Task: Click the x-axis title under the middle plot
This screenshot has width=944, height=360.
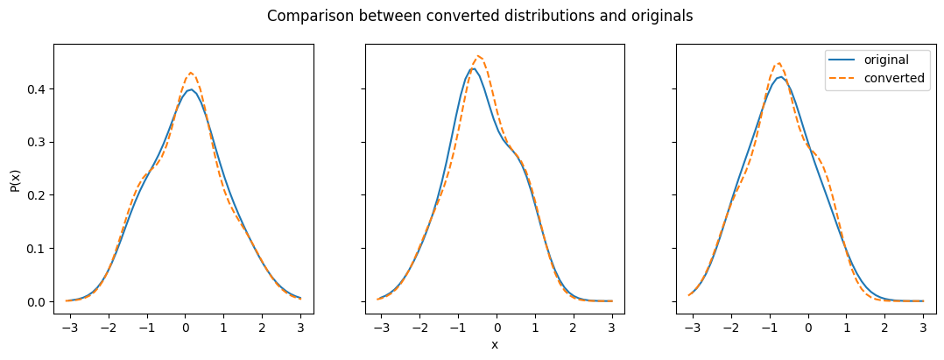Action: (495, 344)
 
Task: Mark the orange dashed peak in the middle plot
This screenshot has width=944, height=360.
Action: (479, 56)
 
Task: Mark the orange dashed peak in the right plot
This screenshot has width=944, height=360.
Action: (778, 62)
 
